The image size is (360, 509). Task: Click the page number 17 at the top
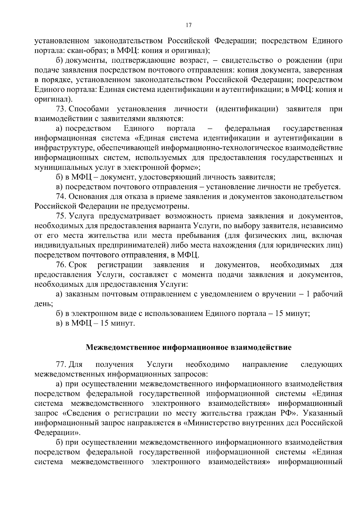coord(189,25)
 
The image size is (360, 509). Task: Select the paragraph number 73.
coord(62,109)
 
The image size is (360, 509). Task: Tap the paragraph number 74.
coord(62,196)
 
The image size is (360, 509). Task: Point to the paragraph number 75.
coord(62,216)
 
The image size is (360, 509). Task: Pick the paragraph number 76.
coord(62,265)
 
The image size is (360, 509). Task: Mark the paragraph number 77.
coord(62,364)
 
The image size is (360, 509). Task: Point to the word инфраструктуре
coord(62,148)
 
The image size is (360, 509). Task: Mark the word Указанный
coord(322,413)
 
